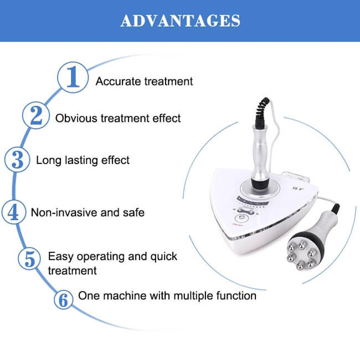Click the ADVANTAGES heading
point(180,21)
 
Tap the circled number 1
point(73,78)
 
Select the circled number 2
point(36,115)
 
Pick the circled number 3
point(17,160)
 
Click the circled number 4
point(14,212)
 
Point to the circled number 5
point(29,259)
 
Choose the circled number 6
point(64,300)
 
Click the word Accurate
point(118,81)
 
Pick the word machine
point(125,295)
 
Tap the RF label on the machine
point(298,189)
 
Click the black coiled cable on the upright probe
point(262,111)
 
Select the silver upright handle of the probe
point(261,152)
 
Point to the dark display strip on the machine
point(253,201)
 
